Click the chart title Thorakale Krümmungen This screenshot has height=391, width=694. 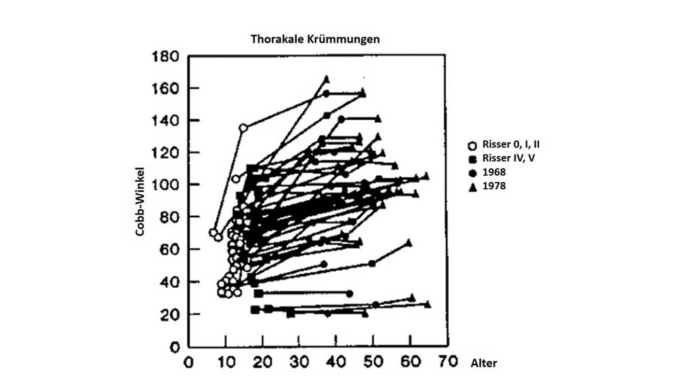point(315,39)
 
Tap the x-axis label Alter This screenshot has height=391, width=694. point(484,363)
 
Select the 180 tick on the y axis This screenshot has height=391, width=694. point(165,56)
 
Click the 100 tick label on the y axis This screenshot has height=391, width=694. point(165,185)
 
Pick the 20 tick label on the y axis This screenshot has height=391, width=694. point(169,314)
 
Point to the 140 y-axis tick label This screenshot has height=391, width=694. point(165,121)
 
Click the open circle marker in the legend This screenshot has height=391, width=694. point(472,145)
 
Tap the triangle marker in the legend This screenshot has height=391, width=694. point(472,185)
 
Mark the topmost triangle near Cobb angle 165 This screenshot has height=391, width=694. point(327,79)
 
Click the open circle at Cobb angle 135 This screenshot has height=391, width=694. point(243,128)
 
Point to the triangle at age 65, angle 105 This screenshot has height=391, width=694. point(426,176)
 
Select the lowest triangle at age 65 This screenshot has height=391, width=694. point(428,304)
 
